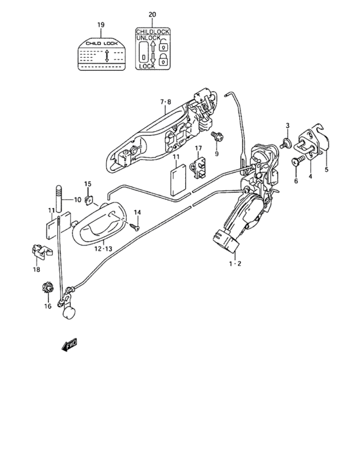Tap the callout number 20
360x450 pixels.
(x=152, y=14)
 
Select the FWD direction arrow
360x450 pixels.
(x=69, y=345)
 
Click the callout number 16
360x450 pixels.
(x=48, y=306)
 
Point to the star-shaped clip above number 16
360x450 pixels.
(x=47, y=289)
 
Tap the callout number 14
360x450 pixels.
(x=137, y=213)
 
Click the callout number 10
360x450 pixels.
(x=78, y=200)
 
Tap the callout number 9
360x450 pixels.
(x=217, y=154)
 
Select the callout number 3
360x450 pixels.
(x=288, y=125)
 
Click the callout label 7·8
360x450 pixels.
(x=165, y=102)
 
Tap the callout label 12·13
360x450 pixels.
(x=102, y=248)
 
